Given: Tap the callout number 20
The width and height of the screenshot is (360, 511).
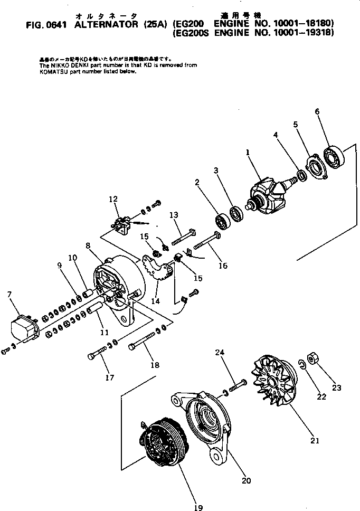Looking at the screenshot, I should pyautogui.click(x=246, y=480).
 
